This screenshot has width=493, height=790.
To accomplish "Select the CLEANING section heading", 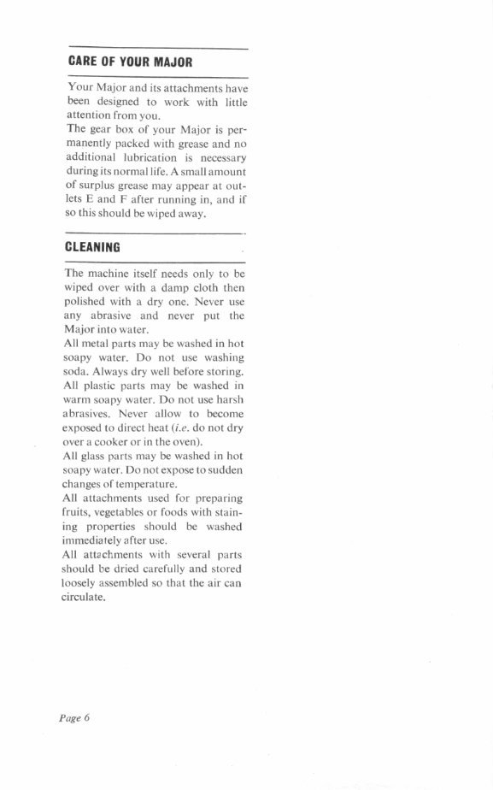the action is point(92,247).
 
